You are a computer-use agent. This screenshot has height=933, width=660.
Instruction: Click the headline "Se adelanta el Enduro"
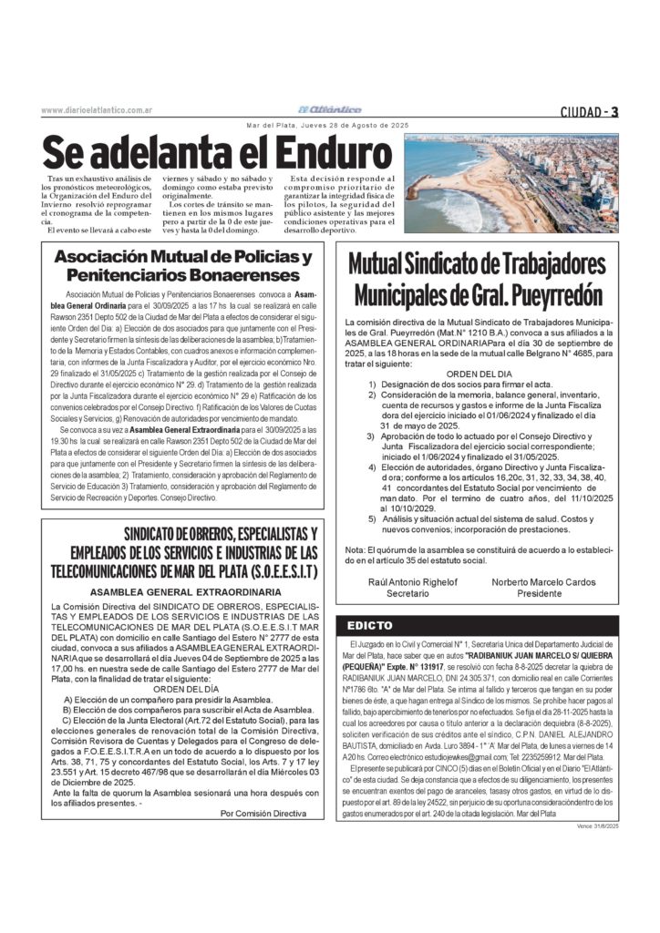(210, 152)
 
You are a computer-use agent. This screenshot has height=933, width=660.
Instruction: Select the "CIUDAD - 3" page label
(590, 112)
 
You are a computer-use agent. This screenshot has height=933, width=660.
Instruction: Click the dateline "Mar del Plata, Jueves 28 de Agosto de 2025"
(329, 125)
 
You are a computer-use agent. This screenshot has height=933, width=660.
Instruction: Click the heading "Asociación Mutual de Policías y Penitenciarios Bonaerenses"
(182, 265)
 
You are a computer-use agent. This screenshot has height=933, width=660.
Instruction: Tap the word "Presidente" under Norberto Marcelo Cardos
(540, 593)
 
